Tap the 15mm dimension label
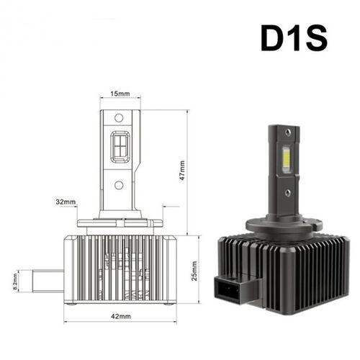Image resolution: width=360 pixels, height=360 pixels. tap(120, 94)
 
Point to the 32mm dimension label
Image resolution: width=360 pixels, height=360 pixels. tap(65, 202)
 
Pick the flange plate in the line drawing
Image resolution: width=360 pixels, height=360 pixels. tap(120, 220)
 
